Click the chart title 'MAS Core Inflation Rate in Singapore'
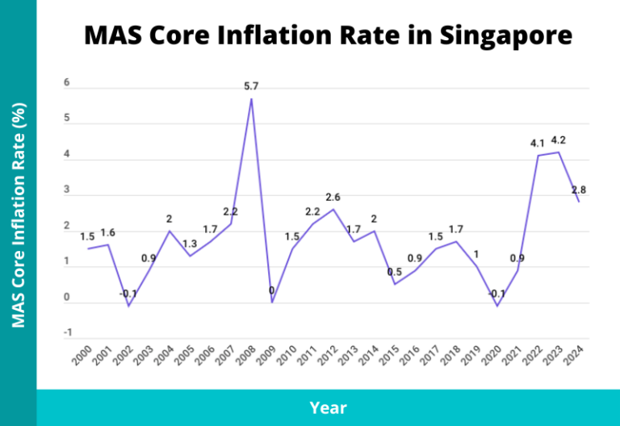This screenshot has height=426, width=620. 328,36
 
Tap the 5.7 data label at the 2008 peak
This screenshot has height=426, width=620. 251,86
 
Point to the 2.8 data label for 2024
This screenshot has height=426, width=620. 579,190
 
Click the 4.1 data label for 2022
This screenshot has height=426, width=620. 538,144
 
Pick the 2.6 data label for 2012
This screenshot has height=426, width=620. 333,198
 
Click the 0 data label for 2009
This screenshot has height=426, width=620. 271,290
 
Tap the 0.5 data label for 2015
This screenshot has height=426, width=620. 394,272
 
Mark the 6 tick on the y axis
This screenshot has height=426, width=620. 68,83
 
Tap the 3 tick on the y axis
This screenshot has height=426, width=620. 68,190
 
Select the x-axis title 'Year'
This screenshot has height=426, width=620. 328,407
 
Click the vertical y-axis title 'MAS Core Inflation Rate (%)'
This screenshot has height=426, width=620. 18,215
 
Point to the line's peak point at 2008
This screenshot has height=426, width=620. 251,99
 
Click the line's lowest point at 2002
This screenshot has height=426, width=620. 128,307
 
